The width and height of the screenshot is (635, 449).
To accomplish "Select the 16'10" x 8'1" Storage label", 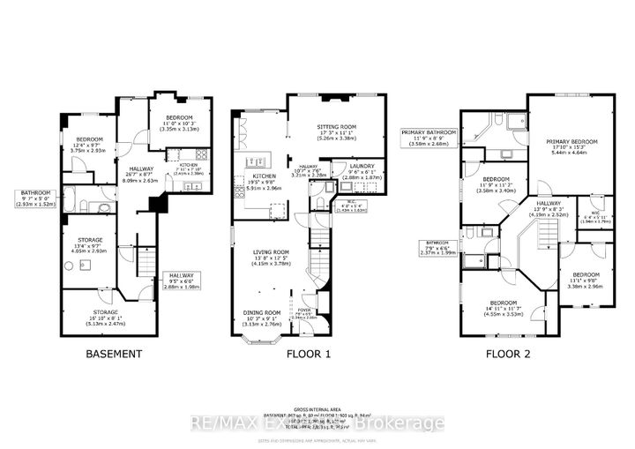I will tap(105, 318).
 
